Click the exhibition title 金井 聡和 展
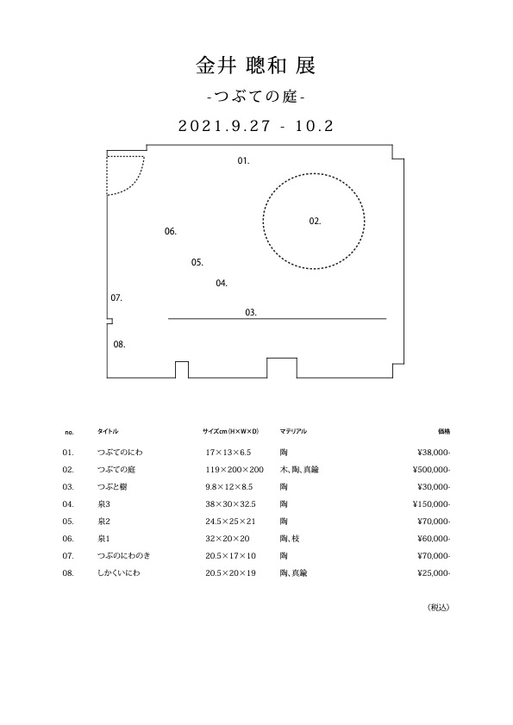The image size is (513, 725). point(256,66)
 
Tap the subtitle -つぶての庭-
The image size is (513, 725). point(256,97)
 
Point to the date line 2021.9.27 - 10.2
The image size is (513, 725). point(256,126)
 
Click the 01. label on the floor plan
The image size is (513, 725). point(243,161)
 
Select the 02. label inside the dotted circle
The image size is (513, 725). point(315,222)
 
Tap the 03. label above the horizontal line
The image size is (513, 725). point(251,313)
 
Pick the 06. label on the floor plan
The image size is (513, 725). point(171,231)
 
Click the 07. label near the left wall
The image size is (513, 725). point(116,298)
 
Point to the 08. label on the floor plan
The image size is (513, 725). point(119,345)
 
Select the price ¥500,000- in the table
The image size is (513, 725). point(431,470)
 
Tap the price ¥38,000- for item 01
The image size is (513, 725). point(434,453)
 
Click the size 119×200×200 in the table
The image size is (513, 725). point(235,470)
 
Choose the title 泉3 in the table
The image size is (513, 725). point(103,504)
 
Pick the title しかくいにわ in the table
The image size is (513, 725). point(118,573)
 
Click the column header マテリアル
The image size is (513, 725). point(293,431)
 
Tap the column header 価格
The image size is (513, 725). point(444,431)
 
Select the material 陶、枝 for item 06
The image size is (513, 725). point(290,539)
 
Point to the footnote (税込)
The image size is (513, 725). point(438,608)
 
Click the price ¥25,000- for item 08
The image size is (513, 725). point(434,573)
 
